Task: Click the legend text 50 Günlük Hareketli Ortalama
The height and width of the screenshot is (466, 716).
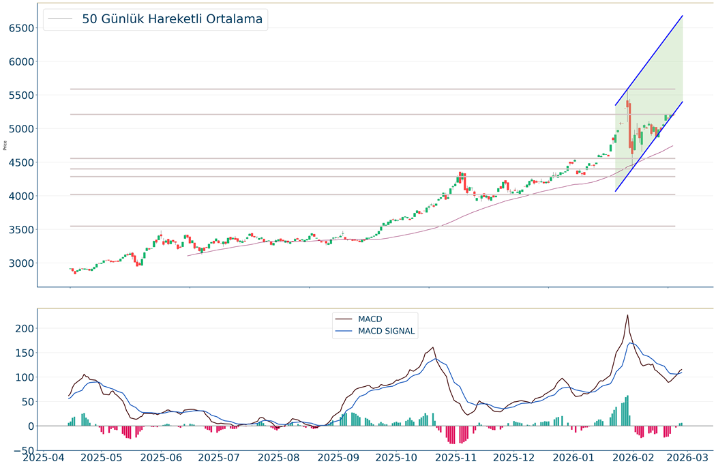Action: tap(172, 19)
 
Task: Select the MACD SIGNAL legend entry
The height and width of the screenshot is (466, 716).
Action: tap(386, 332)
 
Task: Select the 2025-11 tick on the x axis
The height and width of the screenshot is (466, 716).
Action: tap(456, 456)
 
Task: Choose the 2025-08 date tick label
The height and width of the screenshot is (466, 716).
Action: tap(279, 456)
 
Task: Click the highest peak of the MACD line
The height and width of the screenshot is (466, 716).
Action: tap(627, 315)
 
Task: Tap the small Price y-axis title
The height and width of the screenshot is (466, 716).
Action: tap(5, 145)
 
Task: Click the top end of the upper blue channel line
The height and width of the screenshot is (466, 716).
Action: tap(683, 16)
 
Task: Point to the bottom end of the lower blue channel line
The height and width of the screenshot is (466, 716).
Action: tap(615, 191)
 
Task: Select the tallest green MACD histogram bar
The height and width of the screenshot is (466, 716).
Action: tap(627, 410)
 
